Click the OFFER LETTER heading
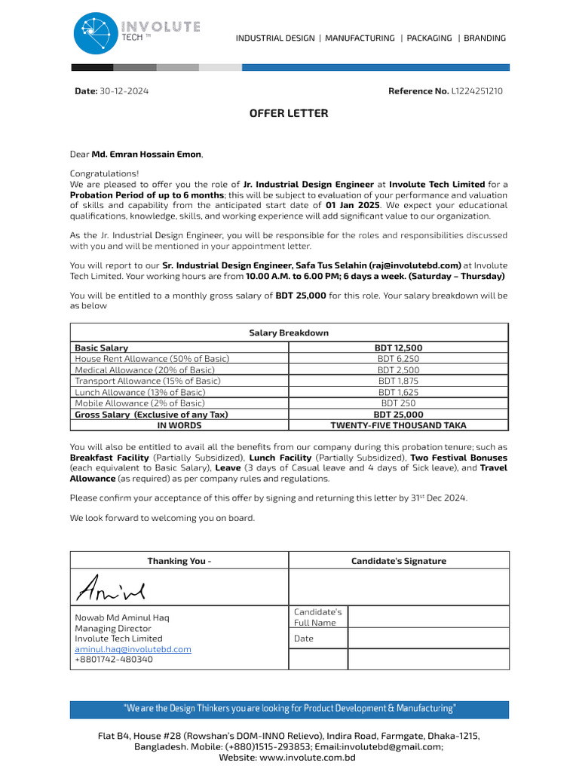(289, 114)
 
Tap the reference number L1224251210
(476, 91)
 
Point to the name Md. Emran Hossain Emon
(146, 155)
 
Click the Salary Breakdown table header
(289, 332)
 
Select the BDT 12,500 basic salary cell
(398, 348)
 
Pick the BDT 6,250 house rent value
(398, 359)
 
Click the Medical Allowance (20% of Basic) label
(145, 370)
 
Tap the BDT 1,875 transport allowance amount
(398, 381)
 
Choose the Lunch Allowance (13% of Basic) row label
(139, 392)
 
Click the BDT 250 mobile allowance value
(398, 403)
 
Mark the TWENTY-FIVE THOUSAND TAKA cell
(398, 425)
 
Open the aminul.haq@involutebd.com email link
(133, 649)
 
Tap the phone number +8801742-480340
(113, 660)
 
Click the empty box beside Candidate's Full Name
(428, 617)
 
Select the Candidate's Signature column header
(399, 561)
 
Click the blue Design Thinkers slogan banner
(289, 709)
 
